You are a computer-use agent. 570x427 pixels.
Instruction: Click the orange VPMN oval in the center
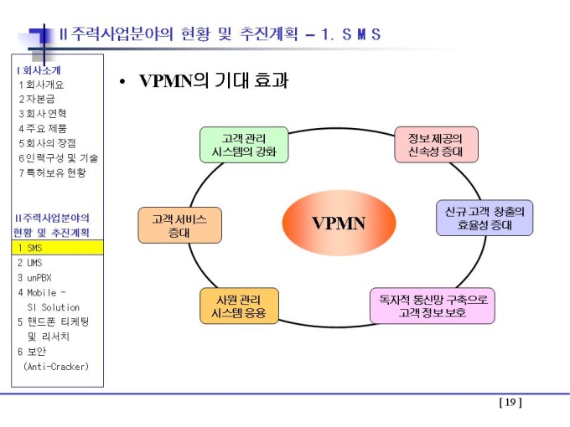pos(339,223)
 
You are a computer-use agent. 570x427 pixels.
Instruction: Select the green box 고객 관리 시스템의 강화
pos(244,145)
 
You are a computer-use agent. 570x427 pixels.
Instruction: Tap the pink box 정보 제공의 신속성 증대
pos(436,145)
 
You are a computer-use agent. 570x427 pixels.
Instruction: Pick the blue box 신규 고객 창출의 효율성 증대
pos(484,218)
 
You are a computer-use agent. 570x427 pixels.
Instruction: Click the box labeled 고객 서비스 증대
pos(180,225)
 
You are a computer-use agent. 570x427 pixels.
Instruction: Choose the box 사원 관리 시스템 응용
pos(239,306)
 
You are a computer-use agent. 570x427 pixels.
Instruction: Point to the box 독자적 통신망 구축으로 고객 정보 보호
pos(433,306)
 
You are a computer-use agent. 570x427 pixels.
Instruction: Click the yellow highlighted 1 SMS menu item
pos(58,248)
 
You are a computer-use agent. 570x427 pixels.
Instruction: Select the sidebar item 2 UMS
pos(30,263)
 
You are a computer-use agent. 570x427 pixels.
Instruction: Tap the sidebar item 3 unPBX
pos(34,278)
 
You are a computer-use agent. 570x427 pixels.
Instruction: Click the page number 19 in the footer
pos(510,403)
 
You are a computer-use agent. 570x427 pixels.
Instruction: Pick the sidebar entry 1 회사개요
pos(41,85)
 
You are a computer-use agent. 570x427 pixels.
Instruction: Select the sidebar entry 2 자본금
pos(37,99)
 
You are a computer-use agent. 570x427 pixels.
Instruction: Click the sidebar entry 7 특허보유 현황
pos(52,172)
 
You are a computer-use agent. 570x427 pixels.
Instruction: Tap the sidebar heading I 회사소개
pos(39,70)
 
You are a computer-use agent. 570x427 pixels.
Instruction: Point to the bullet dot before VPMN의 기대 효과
pos(122,82)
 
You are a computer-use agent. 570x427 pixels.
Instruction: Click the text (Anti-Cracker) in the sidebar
pos(56,367)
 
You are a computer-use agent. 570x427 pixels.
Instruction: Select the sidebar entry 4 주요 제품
pos(43,128)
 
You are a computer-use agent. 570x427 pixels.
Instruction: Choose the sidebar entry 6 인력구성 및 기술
pos(58,158)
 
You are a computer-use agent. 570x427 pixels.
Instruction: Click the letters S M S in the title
pos(361,34)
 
